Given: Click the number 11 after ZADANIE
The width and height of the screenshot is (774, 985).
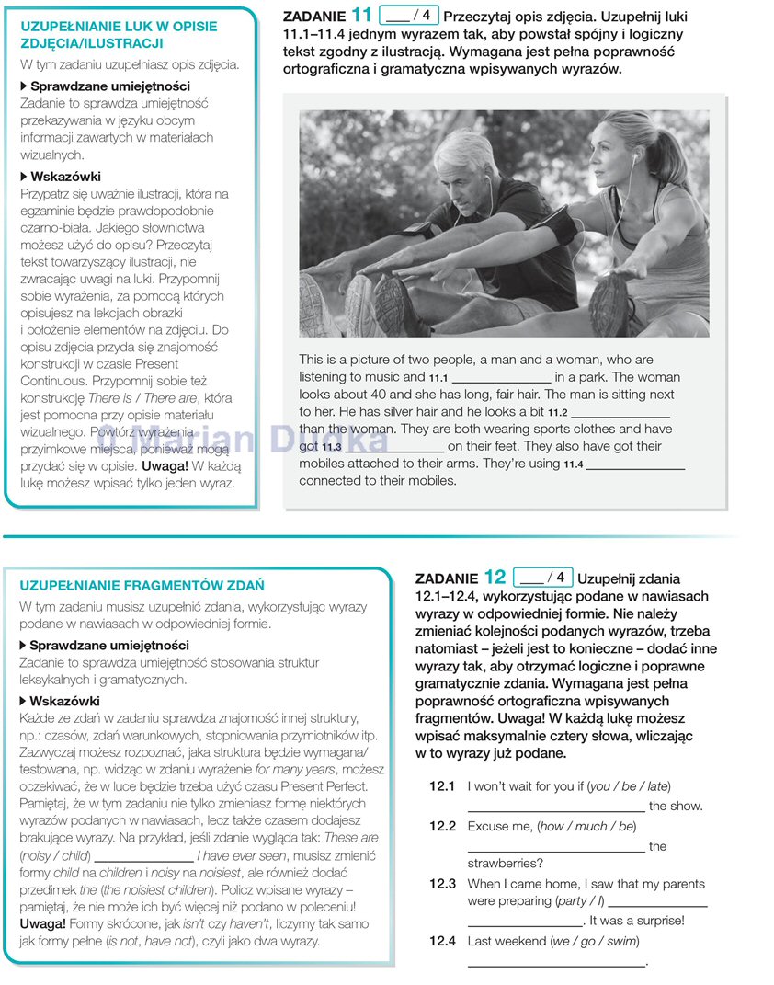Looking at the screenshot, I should click(x=363, y=15).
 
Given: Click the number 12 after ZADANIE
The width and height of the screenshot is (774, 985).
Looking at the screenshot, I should click(x=495, y=578).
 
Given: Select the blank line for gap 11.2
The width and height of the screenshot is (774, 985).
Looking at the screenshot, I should click(x=620, y=414).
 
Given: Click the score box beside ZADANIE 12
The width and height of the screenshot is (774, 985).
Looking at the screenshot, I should click(x=542, y=578).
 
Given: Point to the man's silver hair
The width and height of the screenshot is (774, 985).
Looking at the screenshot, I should click(x=466, y=146).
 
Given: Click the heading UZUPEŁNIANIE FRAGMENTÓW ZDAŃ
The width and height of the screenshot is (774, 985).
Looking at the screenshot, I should click(x=142, y=585).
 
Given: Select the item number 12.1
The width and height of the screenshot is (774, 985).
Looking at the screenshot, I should click(x=442, y=786).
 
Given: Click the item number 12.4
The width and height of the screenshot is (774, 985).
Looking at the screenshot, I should click(x=442, y=941).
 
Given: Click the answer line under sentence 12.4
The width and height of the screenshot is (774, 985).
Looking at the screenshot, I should click(x=556, y=963).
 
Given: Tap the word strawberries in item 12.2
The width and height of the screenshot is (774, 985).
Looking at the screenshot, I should click(x=505, y=863).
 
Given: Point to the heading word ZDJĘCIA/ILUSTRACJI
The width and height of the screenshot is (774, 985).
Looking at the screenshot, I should click(x=92, y=43).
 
